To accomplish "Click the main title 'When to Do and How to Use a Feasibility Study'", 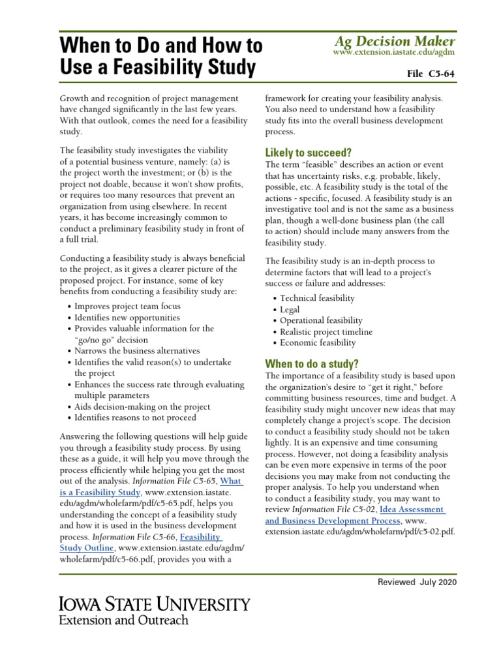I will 160,55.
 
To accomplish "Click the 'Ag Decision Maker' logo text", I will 393,40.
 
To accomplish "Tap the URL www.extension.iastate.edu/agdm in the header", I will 393,52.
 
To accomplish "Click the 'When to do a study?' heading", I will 311,363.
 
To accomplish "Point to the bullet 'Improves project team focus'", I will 127,306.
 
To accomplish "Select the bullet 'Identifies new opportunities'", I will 127,318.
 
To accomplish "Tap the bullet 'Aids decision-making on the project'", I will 142,406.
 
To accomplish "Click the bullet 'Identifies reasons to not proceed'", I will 135,417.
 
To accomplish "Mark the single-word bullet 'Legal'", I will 290,309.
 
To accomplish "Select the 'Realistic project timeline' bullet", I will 326,331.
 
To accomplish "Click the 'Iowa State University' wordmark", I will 154,604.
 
